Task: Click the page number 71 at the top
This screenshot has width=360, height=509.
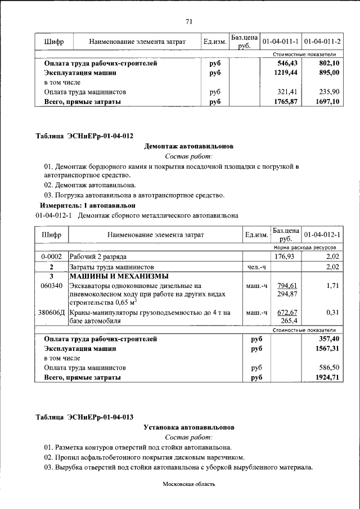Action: (189, 21)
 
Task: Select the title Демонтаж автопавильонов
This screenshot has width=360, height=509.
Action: (189, 146)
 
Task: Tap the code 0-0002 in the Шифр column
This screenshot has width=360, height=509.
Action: (51, 256)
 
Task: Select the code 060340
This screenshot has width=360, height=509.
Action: (52, 286)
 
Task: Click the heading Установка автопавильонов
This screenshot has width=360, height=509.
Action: (189, 427)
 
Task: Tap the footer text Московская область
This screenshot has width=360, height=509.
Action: (189, 484)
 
